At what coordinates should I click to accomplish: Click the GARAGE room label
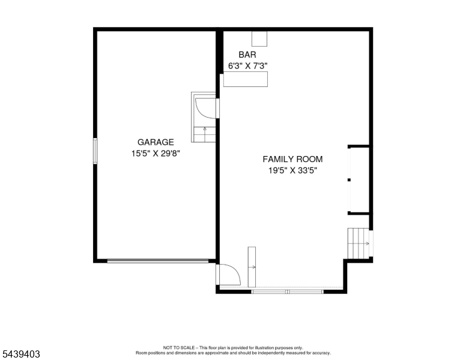tap(156, 142)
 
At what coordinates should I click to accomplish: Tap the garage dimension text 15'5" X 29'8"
tap(156, 154)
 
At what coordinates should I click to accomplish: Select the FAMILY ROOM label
tap(292, 159)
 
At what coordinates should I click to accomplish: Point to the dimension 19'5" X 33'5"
tap(293, 171)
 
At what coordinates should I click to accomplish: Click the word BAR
tap(247, 55)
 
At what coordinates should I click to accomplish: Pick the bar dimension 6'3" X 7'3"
tap(248, 66)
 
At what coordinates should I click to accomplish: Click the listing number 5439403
tap(21, 354)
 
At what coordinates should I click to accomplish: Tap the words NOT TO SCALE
tap(178, 347)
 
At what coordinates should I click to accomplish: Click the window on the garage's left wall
tap(95, 151)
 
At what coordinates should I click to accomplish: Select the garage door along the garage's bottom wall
tap(158, 261)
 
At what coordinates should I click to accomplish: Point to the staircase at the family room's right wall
tap(359, 243)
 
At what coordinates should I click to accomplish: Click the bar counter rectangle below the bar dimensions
tap(246, 79)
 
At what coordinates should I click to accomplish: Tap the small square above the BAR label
tap(259, 38)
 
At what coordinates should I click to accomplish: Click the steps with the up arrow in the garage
tap(204, 134)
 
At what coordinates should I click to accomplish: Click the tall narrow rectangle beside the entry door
tap(252, 267)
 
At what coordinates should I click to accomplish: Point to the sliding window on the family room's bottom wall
tap(288, 292)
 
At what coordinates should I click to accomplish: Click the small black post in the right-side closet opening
tap(349, 180)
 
